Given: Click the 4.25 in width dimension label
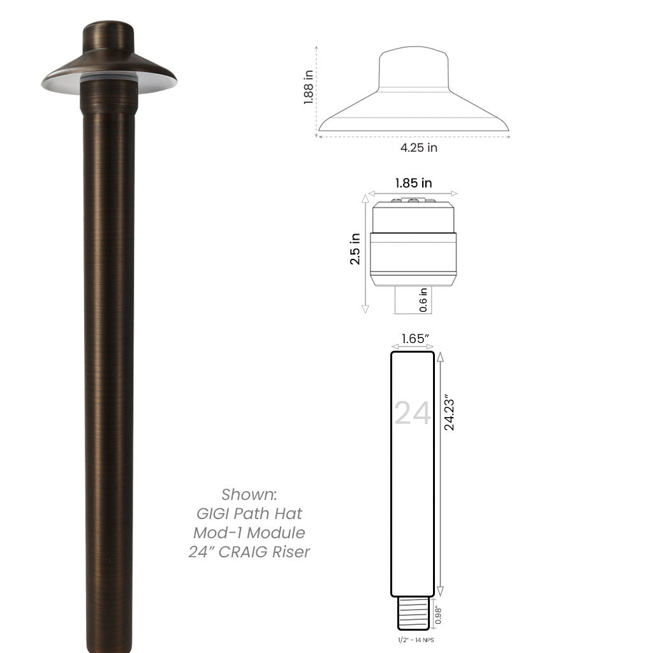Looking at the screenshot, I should pos(419,148).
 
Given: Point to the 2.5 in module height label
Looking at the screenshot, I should pos(355,249).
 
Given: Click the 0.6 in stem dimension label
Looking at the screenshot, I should pos(423,300).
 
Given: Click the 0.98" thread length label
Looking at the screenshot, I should pos(439,615).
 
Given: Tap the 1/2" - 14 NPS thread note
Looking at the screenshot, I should pos(413,639).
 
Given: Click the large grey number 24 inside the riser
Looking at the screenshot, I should pos(413,413).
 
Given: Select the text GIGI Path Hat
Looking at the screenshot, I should pos(249,513).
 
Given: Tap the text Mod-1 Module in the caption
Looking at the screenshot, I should pos(249,532).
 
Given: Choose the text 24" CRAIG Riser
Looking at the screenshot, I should pos(249,552).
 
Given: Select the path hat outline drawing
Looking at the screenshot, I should pos(413,96).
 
